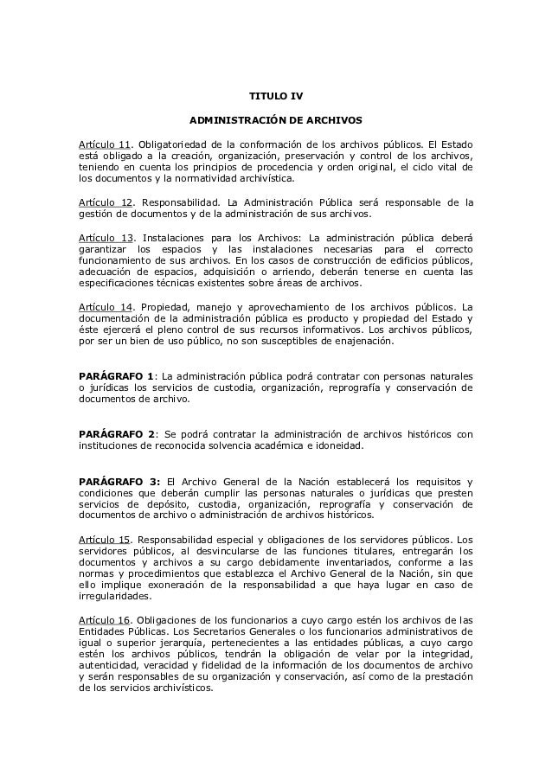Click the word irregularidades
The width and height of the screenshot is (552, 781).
click(x=115, y=595)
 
